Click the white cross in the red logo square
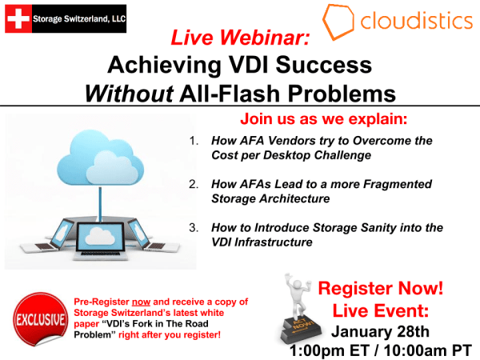pyautogui.click(x=18, y=18)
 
